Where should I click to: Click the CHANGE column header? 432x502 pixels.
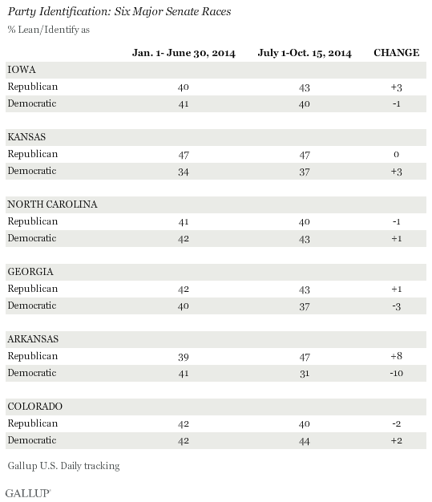pyautogui.click(x=396, y=52)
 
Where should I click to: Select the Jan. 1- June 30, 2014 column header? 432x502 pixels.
pyautogui.click(x=184, y=53)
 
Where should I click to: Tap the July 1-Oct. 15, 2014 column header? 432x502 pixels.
pyautogui.click(x=305, y=53)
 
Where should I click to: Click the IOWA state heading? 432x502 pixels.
pyautogui.click(x=22, y=70)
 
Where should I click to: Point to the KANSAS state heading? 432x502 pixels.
pyautogui.click(x=26, y=137)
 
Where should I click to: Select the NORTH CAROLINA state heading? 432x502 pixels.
pyautogui.click(x=52, y=204)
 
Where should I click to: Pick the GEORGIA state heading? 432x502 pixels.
pyautogui.click(x=30, y=272)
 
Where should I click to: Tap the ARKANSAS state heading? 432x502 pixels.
pyautogui.click(x=33, y=339)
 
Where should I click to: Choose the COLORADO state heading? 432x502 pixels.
pyautogui.click(x=35, y=407)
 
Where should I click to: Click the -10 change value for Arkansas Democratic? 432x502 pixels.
pyautogui.click(x=396, y=374)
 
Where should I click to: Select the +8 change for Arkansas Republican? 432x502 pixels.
pyautogui.click(x=396, y=356)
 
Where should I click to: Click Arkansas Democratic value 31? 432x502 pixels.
pyautogui.click(x=305, y=374)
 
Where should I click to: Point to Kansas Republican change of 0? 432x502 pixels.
pyautogui.click(x=396, y=154)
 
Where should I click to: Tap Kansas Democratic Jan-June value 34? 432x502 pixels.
pyautogui.click(x=184, y=172)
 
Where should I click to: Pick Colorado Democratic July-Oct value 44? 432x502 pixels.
pyautogui.click(x=305, y=442)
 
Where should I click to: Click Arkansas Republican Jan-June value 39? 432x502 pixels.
pyautogui.click(x=184, y=357)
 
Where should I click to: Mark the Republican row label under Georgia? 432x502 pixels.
pyautogui.click(x=33, y=289)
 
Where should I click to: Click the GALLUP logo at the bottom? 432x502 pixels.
pyautogui.click(x=28, y=493)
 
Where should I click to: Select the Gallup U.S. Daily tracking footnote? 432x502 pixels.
pyautogui.click(x=63, y=466)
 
